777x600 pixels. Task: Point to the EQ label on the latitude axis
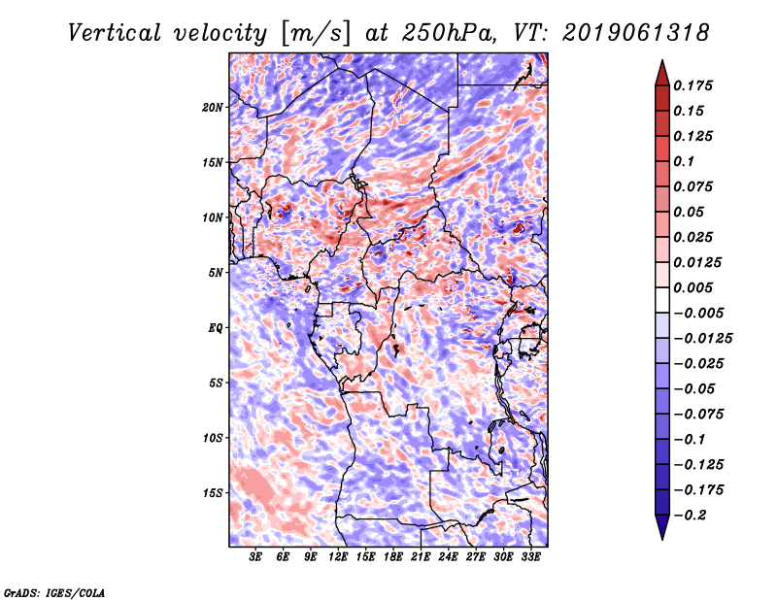click(x=216, y=327)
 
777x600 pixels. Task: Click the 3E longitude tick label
click(x=256, y=557)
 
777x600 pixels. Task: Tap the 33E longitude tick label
click(x=531, y=557)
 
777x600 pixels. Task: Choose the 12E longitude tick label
click(x=339, y=557)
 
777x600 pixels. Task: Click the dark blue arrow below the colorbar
click(x=661, y=527)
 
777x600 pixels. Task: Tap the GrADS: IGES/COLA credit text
click(x=54, y=591)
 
